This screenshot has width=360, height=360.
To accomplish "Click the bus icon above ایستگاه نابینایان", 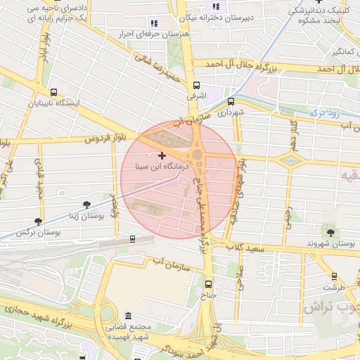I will (x=54, y=92).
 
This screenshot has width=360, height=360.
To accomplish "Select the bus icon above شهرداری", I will (x=230, y=101).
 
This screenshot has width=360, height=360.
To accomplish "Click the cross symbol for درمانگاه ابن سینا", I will (x=162, y=155).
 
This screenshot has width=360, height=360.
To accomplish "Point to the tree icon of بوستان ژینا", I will (x=86, y=205).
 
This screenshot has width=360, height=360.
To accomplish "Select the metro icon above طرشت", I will (x=333, y=276).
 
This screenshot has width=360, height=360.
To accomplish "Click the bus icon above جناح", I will (x=208, y=284).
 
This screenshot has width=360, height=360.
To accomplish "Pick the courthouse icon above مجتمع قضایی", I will (x=127, y=316).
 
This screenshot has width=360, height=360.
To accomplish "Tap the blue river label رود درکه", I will (x=326, y=112).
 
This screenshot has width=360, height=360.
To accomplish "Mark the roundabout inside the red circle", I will (x=198, y=153).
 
